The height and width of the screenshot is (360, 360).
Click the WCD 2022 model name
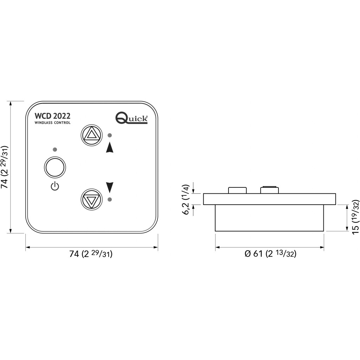click(52, 116)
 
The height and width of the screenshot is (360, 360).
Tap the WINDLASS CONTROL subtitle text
click(52, 123)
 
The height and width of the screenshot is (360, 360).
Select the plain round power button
click(55, 167)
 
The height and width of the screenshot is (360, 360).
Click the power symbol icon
click(55, 186)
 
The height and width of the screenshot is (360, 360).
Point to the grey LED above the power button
click(55, 150)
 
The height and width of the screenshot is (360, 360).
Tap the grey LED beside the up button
click(110, 135)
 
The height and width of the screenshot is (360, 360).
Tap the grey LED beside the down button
click(110, 199)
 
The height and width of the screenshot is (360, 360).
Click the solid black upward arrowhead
click(110, 147)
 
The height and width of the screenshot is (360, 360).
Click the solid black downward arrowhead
click(110, 187)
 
